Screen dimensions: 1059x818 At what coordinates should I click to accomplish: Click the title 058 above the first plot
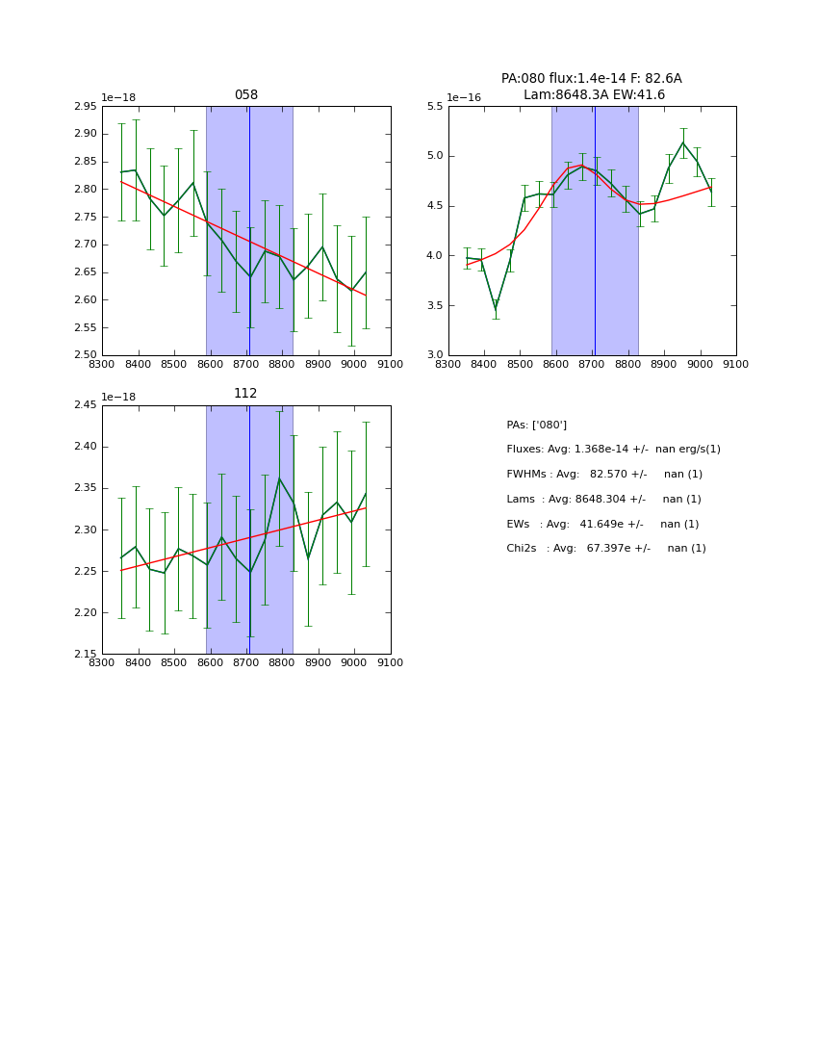tap(246, 95)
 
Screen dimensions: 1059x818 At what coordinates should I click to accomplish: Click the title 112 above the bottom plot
tap(246, 394)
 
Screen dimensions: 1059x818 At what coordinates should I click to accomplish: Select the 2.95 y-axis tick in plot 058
tap(86, 107)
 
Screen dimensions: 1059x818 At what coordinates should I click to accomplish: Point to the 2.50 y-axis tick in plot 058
tap(86, 355)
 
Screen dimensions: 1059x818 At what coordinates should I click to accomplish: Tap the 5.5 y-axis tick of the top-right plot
tap(435, 107)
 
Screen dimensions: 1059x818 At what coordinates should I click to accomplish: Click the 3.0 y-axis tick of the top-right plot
tap(435, 355)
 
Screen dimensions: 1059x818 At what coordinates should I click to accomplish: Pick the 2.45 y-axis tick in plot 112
tap(86, 405)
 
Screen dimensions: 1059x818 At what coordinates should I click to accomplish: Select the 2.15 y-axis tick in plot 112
tap(86, 654)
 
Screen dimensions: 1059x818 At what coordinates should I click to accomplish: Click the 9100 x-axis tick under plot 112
tap(390, 663)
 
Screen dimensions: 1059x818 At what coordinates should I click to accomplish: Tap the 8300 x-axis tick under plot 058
tap(102, 365)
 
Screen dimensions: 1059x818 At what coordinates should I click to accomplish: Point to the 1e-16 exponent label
tap(464, 97)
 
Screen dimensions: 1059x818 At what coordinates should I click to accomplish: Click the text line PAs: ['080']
tap(536, 425)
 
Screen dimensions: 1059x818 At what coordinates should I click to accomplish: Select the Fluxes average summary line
tap(613, 450)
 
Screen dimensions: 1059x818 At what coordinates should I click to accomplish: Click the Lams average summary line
tap(603, 499)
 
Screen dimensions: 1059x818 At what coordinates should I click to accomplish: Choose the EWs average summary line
tap(602, 524)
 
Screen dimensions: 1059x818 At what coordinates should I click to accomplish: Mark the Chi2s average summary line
tap(606, 549)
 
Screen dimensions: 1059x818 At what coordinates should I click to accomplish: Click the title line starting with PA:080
tap(591, 79)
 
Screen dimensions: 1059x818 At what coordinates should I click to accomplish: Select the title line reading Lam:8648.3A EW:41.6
tap(594, 94)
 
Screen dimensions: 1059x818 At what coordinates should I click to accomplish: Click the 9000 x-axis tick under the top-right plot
tap(700, 365)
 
